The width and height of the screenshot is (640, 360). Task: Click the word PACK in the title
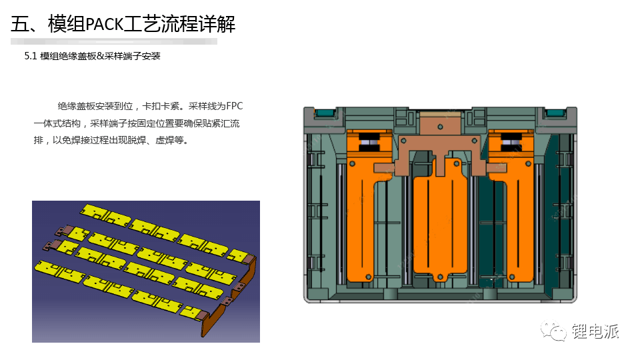pyautogui.click(x=104, y=24)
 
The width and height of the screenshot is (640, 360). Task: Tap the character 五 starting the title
pyautogui.click(x=19, y=24)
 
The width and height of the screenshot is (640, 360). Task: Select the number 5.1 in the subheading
pyautogui.click(x=30, y=56)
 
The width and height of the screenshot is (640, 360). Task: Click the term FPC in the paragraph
pyautogui.click(x=234, y=106)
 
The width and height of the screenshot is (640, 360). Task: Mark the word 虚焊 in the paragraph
pyautogui.click(x=165, y=141)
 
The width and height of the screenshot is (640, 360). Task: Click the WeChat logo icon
pyautogui.click(x=553, y=330)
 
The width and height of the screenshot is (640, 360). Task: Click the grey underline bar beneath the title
pyautogui.click(x=114, y=41)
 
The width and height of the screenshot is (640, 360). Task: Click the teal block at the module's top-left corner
pyautogui.click(x=325, y=113)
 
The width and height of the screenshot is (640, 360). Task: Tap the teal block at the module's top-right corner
pyautogui.click(x=555, y=113)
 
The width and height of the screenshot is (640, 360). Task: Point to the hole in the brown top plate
pyautogui.click(x=440, y=127)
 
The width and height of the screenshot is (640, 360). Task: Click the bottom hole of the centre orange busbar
pyautogui.click(x=440, y=277)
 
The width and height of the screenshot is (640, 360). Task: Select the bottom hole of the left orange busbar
pyautogui.click(x=368, y=277)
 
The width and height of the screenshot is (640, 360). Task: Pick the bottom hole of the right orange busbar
pyautogui.click(x=512, y=277)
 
